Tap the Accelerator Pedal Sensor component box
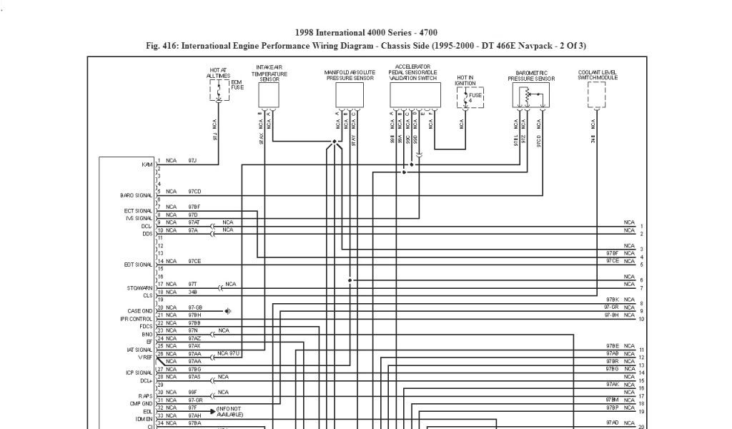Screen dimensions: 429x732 (414, 95)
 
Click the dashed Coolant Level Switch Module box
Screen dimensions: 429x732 (597, 94)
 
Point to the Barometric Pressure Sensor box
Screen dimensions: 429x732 (532, 96)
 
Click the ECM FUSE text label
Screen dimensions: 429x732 (237, 84)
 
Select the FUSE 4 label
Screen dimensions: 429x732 (475, 97)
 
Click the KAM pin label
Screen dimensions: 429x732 (147, 164)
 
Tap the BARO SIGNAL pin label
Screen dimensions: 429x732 (136, 194)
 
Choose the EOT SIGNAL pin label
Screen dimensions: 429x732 (139, 265)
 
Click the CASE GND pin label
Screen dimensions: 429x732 (139, 311)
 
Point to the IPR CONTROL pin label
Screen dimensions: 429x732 (136, 319)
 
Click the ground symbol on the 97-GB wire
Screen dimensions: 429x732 (228, 311)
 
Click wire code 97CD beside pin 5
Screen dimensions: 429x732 (194, 192)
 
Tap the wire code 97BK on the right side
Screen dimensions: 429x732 (612, 300)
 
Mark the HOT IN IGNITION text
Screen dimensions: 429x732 (465, 80)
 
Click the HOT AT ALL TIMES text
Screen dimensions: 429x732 (218, 72)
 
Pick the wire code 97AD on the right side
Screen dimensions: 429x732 (612, 423)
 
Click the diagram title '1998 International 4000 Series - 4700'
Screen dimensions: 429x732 (365, 33)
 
